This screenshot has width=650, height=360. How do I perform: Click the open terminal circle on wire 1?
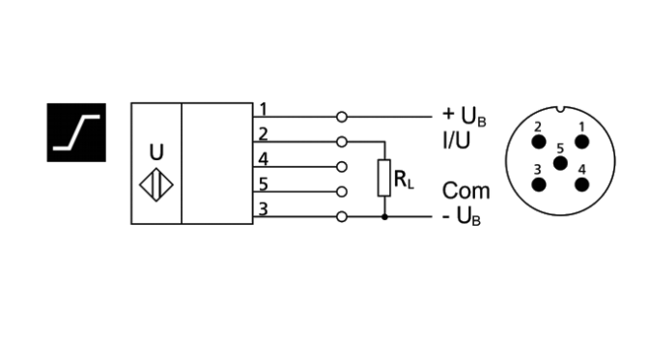pyautogui.click(x=341, y=117)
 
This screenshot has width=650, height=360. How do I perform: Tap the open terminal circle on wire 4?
pyautogui.click(x=341, y=167)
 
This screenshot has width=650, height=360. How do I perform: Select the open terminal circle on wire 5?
pyautogui.click(x=341, y=192)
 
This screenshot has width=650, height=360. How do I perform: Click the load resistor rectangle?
pyautogui.click(x=384, y=179)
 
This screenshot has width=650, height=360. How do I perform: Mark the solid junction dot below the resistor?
pyautogui.click(x=384, y=217)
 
